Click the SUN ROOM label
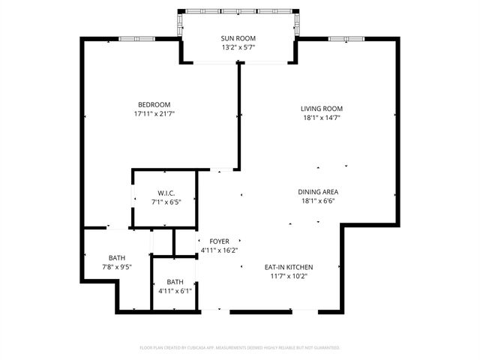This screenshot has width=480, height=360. (x=238, y=38)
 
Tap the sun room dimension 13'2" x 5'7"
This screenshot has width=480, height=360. (x=238, y=48)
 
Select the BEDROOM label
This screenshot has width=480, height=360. (x=154, y=104)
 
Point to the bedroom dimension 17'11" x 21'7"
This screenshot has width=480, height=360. (x=154, y=114)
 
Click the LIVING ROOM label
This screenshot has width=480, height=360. (x=322, y=108)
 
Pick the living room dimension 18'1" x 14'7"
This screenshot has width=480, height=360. (x=322, y=118)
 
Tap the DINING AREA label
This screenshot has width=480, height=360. (x=319, y=191)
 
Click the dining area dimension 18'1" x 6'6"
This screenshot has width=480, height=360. (x=319, y=201)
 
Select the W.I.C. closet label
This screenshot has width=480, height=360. (x=166, y=193)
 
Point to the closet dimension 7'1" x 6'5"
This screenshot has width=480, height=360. (x=166, y=202)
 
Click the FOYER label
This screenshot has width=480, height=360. (x=219, y=241)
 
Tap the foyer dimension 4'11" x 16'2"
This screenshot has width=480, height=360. (x=219, y=250)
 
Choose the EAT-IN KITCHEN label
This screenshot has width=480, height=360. (x=288, y=267)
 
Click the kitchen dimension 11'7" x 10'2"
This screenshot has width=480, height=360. (x=288, y=276)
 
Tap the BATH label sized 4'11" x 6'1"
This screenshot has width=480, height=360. (x=175, y=282)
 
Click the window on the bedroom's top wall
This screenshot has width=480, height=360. (x=136, y=39)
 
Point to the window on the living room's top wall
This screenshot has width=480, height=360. (x=346, y=39)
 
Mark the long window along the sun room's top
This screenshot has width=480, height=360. (x=238, y=12)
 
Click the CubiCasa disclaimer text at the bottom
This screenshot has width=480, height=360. (x=240, y=348)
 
